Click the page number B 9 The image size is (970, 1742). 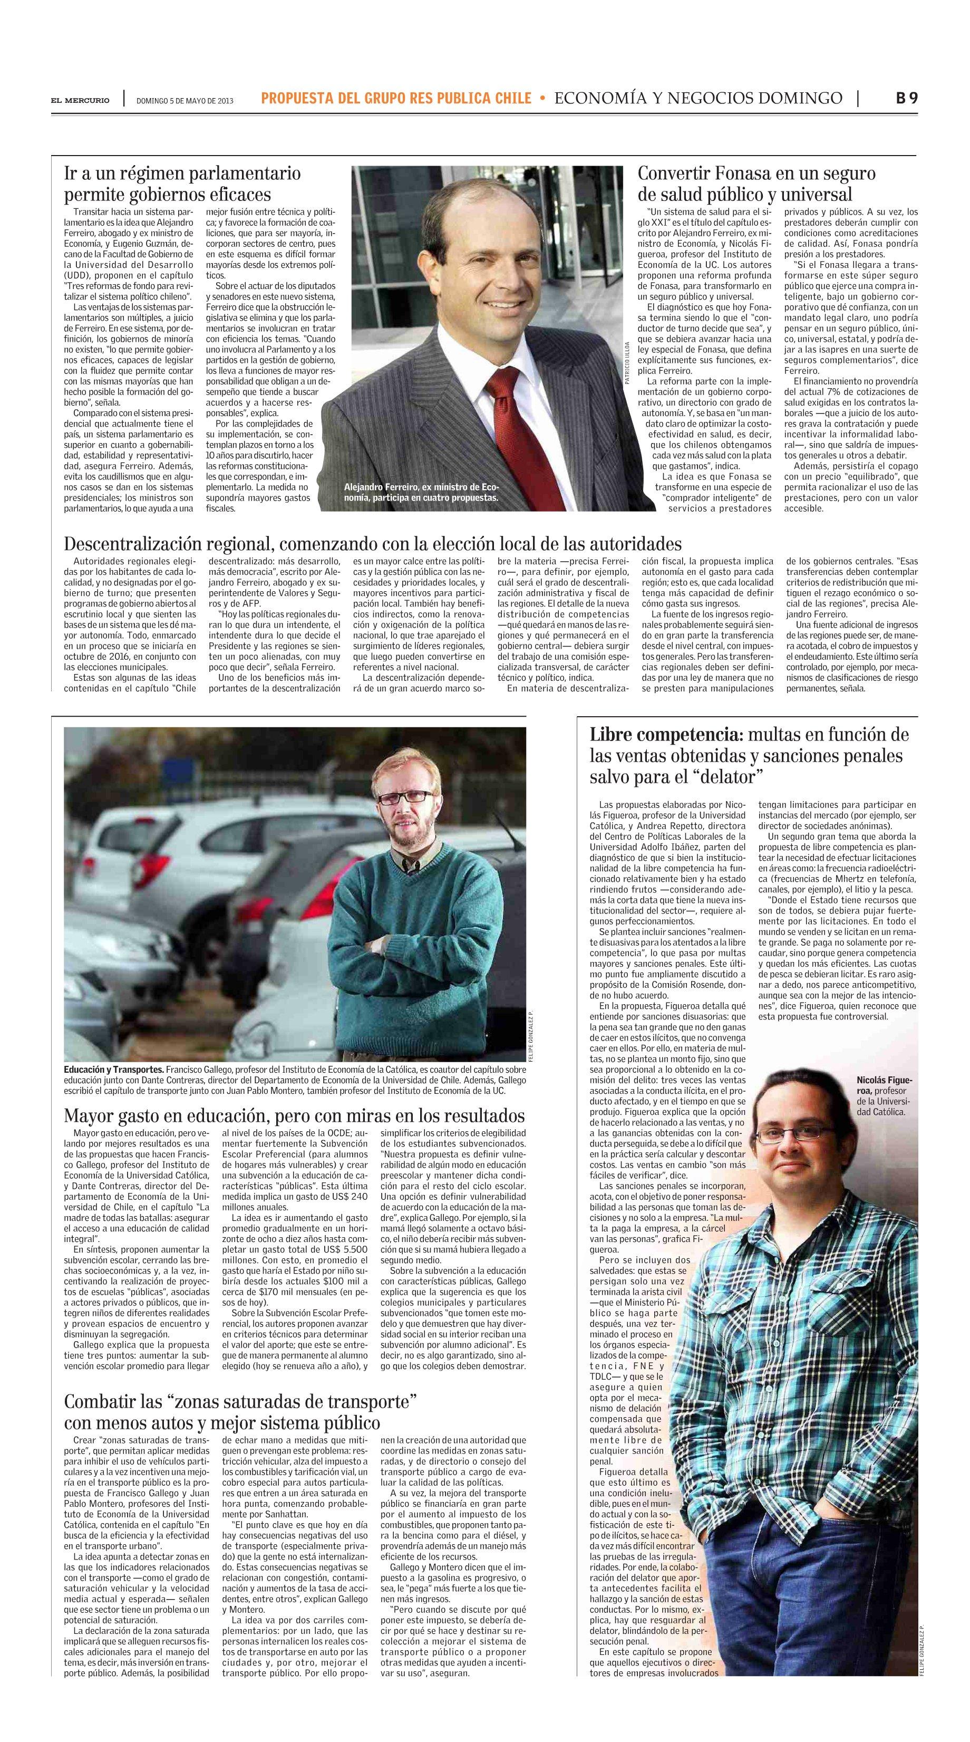point(906,98)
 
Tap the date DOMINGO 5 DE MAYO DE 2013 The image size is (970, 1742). point(185,101)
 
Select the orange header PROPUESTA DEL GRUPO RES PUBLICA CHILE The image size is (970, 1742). point(396,99)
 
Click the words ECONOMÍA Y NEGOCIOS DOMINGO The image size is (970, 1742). point(697,99)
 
